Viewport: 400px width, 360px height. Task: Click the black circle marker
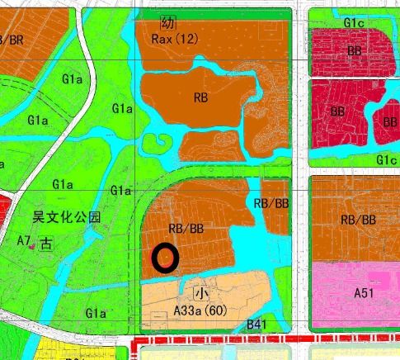[166, 258]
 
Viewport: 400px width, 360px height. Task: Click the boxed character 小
[200, 294]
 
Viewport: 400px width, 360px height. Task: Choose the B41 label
[258, 327]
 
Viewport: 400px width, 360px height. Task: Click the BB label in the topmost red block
[355, 50]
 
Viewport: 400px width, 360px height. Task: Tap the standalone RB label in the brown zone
[200, 97]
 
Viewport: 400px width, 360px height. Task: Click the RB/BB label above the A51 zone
[358, 220]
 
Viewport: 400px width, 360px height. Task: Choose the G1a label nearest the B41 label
[96, 313]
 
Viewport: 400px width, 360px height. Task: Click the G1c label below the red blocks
[386, 159]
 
